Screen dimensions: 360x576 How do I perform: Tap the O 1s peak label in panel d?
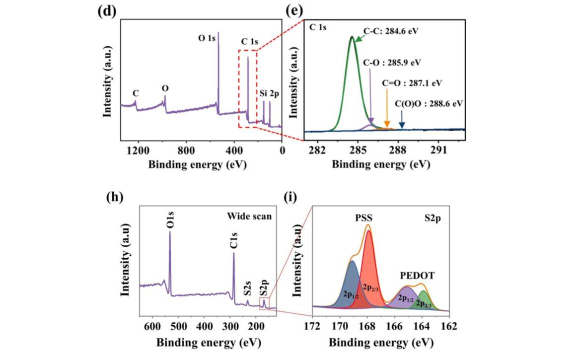click(x=207, y=37)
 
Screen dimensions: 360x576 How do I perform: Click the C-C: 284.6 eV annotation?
click(x=390, y=30)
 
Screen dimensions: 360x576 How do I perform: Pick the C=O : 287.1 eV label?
click(x=412, y=83)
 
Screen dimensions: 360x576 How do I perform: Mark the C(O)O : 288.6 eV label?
click(x=429, y=103)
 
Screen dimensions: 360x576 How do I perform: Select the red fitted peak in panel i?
click(x=370, y=265)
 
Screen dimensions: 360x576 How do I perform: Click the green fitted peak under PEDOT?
click(x=424, y=299)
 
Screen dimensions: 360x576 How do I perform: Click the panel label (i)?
click(x=290, y=198)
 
